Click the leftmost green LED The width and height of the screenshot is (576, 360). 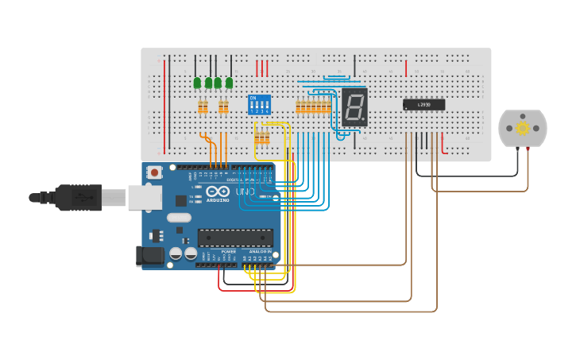pos(197,83)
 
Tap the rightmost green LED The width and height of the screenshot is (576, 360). pos(229,83)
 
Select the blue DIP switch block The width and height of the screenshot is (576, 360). pos(259,106)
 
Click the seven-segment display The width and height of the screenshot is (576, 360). pos(355,106)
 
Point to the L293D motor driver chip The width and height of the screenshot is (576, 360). pos(423,105)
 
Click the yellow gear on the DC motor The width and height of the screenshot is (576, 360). pos(522,128)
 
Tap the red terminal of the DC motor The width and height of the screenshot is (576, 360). pos(528,149)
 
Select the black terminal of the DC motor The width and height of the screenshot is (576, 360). pos(517,149)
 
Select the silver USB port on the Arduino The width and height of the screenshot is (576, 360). pos(145,197)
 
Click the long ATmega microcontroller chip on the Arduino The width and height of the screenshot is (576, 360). pos(235,238)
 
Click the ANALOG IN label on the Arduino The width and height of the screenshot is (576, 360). pos(260,251)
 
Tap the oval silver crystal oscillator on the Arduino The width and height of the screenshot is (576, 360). pos(180,217)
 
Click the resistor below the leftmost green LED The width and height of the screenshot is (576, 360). pos(203,106)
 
